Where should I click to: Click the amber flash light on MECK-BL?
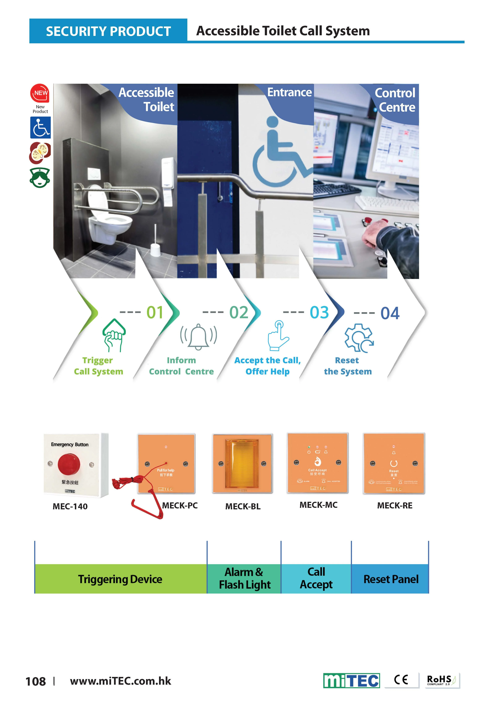click(242, 464)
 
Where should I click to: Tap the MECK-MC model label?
click(319, 505)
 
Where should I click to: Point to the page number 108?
click(36, 681)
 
